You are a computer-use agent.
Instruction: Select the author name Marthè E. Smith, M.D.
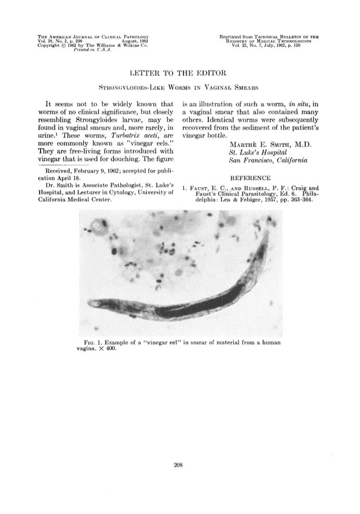(x=270, y=144)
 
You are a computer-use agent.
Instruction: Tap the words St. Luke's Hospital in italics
(x=259, y=152)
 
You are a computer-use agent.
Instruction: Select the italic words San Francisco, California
(x=268, y=160)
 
